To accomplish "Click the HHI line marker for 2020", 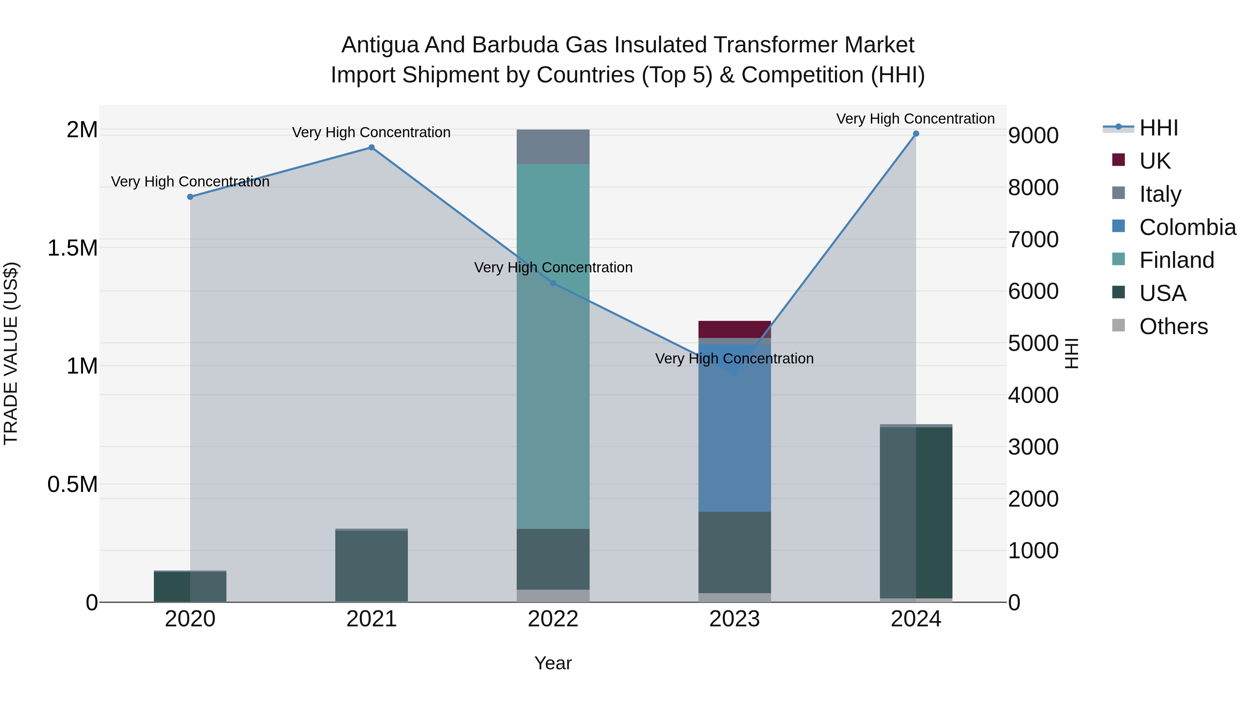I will [x=190, y=197].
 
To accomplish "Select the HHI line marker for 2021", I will [x=372, y=147].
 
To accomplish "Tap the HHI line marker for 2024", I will [x=916, y=134].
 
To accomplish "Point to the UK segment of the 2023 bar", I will [x=734, y=329].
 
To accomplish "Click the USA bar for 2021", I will [x=372, y=566].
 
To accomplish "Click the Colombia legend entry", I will [x=1187, y=227].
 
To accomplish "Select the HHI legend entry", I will [x=1158, y=128].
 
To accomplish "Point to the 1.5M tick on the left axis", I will [x=72, y=248].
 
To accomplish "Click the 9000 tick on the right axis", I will [x=1033, y=136].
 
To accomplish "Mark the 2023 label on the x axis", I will [x=734, y=619].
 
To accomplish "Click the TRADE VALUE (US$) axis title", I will [x=11, y=353].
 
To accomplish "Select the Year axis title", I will [x=553, y=663].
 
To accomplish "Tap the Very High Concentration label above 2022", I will [x=553, y=267].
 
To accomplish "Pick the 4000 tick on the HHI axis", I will [x=1033, y=395].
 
